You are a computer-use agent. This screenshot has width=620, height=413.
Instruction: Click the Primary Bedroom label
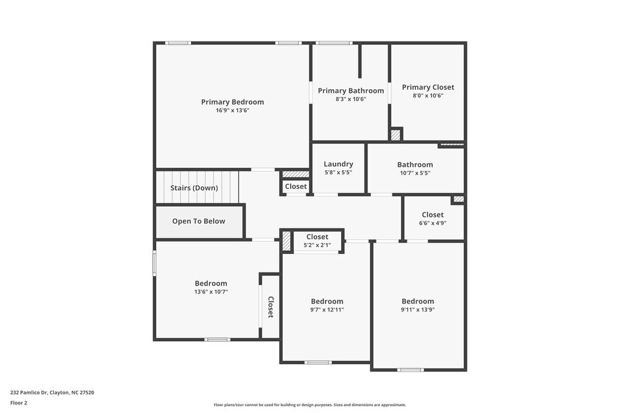click(x=232, y=102)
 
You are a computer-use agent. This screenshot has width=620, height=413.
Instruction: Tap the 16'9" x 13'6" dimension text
click(x=232, y=110)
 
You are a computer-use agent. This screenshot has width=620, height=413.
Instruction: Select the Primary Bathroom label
click(x=351, y=91)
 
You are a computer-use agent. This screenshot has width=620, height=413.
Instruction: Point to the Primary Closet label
click(x=428, y=87)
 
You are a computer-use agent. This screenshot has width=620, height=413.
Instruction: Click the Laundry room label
click(x=339, y=164)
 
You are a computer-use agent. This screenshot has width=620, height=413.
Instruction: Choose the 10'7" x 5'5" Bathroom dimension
click(x=415, y=173)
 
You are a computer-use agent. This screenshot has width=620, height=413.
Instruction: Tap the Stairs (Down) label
click(x=194, y=188)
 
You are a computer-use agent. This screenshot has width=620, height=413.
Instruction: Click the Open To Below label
click(x=198, y=221)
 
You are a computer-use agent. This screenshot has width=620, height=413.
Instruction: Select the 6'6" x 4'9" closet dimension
click(x=433, y=223)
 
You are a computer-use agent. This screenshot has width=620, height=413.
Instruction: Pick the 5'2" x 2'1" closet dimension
click(x=317, y=245)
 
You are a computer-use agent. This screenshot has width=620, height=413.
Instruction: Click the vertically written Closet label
click(x=270, y=307)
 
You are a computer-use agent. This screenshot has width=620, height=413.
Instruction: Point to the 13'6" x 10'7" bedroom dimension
click(x=211, y=292)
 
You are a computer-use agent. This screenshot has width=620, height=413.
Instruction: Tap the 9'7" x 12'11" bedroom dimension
click(x=327, y=310)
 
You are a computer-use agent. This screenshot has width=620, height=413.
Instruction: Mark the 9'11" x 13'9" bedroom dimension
click(x=418, y=310)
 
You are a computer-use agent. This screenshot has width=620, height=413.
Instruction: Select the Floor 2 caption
click(x=19, y=402)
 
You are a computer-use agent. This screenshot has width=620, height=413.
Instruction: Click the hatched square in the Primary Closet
click(x=396, y=134)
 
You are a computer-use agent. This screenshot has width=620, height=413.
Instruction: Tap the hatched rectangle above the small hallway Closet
click(x=296, y=175)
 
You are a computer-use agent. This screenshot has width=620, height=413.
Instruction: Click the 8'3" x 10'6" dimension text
click(x=351, y=99)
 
